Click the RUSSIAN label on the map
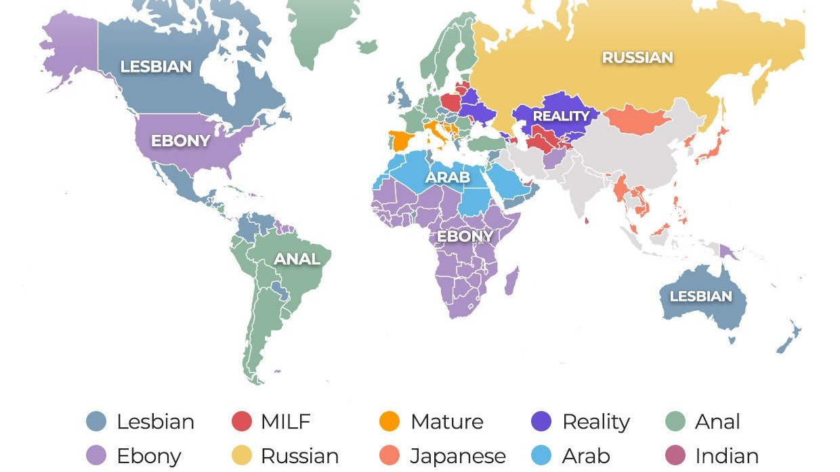[x=637, y=58]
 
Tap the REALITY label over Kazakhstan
[x=561, y=116]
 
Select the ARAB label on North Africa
[x=448, y=177]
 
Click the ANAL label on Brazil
[x=297, y=259]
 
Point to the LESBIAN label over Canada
[x=156, y=66]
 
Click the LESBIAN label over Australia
[x=700, y=296]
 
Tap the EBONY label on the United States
[x=180, y=142]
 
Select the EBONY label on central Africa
[x=465, y=236]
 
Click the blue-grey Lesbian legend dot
[x=96, y=422]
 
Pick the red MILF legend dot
[x=241, y=422]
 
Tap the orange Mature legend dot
[x=390, y=422]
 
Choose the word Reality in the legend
[x=595, y=422]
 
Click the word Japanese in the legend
[x=457, y=456]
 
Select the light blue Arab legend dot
[x=542, y=456]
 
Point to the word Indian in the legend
[x=726, y=456]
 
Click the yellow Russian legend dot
[x=241, y=456]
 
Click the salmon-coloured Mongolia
[x=635, y=121]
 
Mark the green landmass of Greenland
[x=318, y=27]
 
